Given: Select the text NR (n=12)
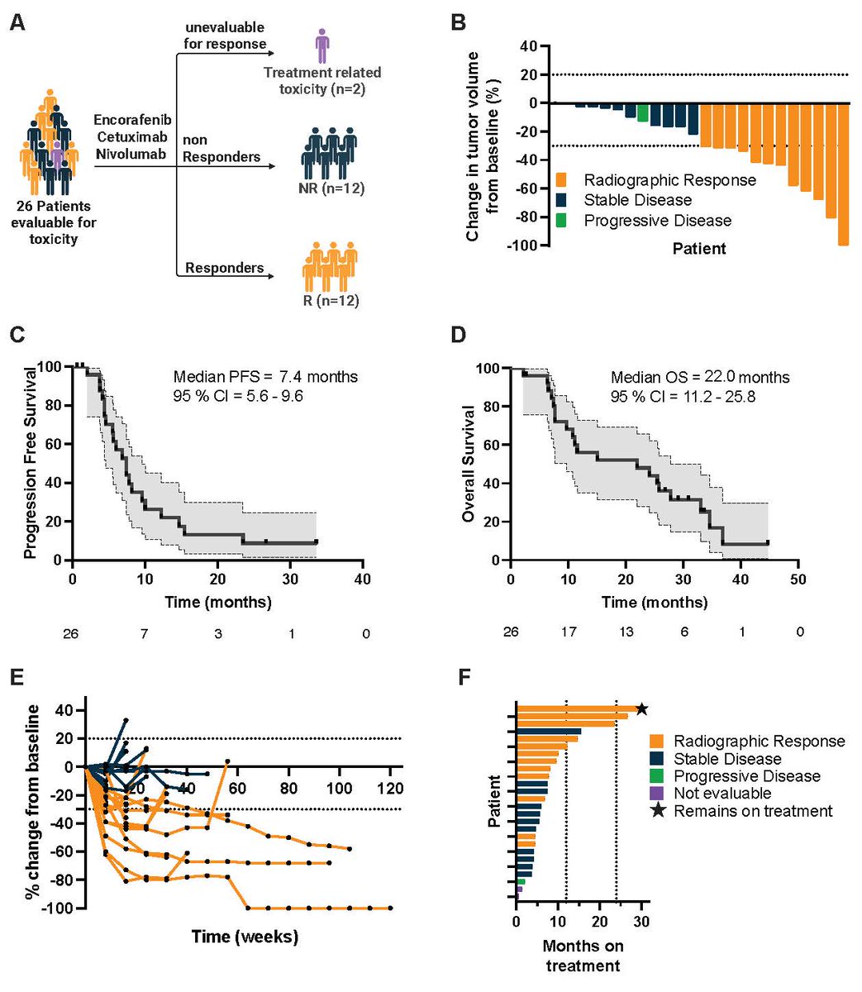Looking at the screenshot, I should tap(331, 188).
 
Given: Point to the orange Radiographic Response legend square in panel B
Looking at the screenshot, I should tap(562, 180).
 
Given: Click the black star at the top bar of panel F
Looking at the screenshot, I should tap(642, 708).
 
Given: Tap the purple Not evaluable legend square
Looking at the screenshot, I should tap(658, 794).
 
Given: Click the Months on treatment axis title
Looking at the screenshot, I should tap(583, 955).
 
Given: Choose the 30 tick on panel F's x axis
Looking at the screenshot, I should tap(642, 919).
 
